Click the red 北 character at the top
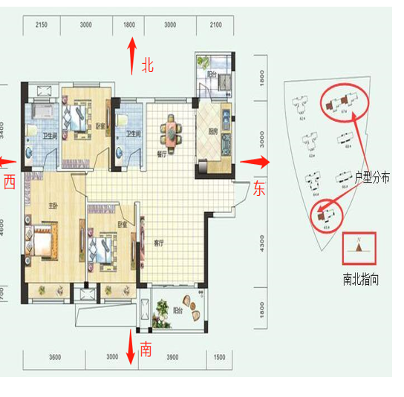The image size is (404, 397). pos(147,66)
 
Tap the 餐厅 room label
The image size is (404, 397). pos(161,154)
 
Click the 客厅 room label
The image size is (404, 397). pos(158,243)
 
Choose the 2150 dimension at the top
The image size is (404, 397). pos(42,25)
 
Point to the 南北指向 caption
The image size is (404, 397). pos(359,280)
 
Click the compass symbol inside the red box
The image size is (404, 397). pos(359,249)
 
